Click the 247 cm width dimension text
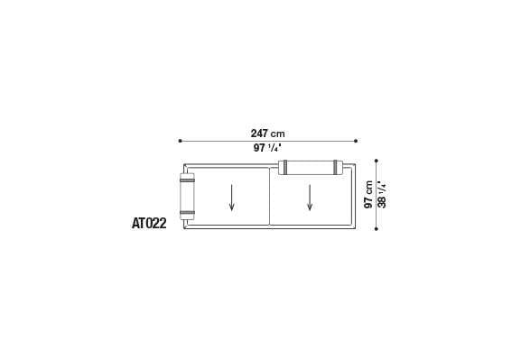click(x=268, y=133)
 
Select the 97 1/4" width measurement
click(x=268, y=149)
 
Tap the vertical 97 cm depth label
click(x=368, y=194)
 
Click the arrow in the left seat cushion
click(x=232, y=197)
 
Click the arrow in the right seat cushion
click(x=310, y=197)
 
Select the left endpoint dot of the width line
click(x=181, y=141)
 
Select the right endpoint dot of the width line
click(x=357, y=141)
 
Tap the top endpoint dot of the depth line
click(x=376, y=162)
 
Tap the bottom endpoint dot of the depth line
click(x=376, y=228)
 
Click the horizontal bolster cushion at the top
click(x=311, y=166)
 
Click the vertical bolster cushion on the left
click(x=188, y=197)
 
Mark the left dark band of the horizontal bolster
click(x=284, y=166)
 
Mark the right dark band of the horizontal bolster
click(x=337, y=166)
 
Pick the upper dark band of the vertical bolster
click(x=188, y=179)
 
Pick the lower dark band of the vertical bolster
click(x=188, y=214)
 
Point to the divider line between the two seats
click(x=270, y=197)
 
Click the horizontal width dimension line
click(x=226, y=141)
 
